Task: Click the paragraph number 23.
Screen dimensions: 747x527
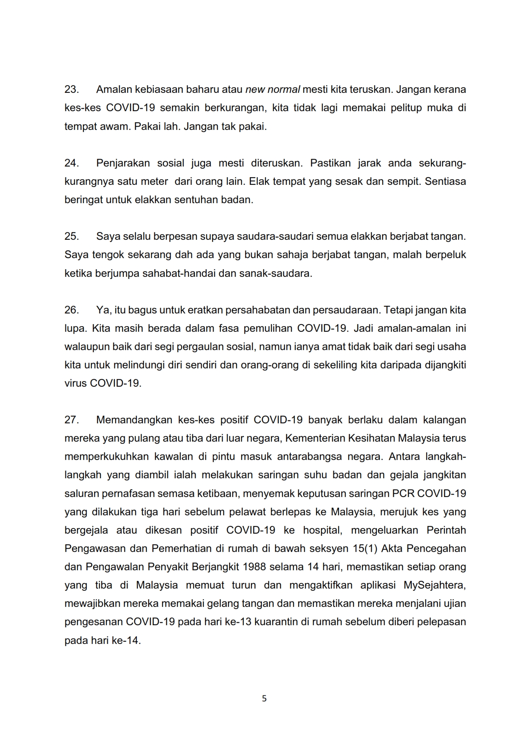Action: (x=71, y=89)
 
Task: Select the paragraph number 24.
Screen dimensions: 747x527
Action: (x=71, y=163)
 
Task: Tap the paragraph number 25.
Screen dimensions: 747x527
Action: (x=71, y=236)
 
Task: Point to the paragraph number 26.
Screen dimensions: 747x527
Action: (x=71, y=310)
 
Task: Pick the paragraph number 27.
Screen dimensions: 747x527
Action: (x=71, y=420)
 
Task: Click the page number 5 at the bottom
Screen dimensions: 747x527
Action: (x=264, y=698)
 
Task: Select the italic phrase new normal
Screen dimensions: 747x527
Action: (x=273, y=89)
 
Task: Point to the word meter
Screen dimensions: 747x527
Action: (x=154, y=181)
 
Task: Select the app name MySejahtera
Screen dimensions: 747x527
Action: (x=434, y=585)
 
